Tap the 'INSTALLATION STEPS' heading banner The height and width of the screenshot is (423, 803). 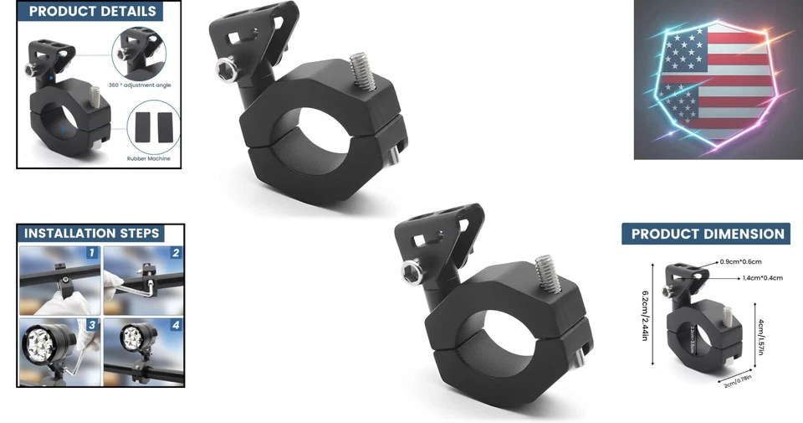91,233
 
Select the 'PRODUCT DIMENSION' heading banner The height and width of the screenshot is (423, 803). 707,234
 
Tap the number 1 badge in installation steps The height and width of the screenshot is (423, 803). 92,253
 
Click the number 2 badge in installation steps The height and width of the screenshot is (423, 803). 175,253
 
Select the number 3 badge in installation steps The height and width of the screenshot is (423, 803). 92,325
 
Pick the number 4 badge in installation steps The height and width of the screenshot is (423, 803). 175,325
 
